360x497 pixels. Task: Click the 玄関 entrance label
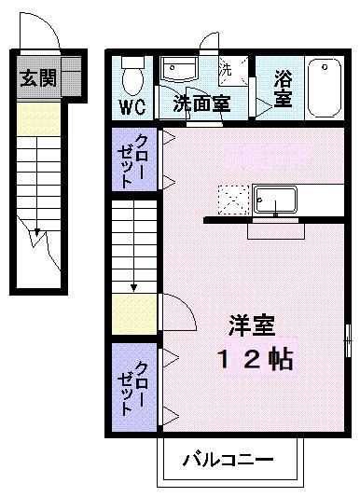(37, 78)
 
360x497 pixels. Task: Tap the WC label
(130, 104)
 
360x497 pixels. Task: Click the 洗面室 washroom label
(201, 104)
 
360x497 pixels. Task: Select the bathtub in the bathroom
(324, 86)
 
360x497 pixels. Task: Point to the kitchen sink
(275, 200)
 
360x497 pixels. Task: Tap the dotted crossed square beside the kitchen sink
(231, 200)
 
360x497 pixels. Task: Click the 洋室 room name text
(253, 326)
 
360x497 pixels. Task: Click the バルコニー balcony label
(228, 460)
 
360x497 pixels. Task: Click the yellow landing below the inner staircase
(132, 315)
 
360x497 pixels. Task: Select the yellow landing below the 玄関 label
(37, 117)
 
